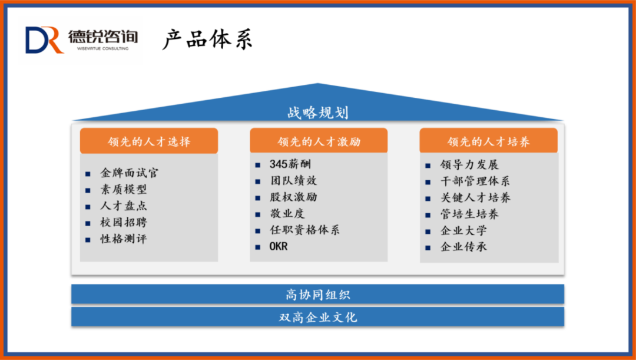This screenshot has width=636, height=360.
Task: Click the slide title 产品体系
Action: pyautogui.click(x=207, y=39)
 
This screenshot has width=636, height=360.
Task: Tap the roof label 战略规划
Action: pyautogui.click(x=318, y=113)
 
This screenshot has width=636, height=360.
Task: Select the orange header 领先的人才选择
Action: pyautogui.click(x=149, y=141)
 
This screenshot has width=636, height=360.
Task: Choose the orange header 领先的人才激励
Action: pyautogui.click(x=319, y=141)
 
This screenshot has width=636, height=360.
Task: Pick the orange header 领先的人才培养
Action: pyautogui.click(x=488, y=141)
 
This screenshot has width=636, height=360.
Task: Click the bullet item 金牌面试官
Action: pyautogui.click(x=130, y=173)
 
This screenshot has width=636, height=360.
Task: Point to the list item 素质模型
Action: pyautogui.click(x=123, y=189)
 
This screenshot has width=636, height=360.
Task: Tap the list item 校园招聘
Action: pyautogui.click(x=123, y=222)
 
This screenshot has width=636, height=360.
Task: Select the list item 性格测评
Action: pyautogui.click(x=123, y=239)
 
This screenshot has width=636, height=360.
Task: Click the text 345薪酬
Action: pyautogui.click(x=290, y=164)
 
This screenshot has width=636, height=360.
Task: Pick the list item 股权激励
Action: pyautogui.click(x=293, y=197)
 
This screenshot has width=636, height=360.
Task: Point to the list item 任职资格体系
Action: pyautogui.click(x=304, y=230)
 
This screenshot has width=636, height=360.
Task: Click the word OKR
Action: pyautogui.click(x=279, y=246)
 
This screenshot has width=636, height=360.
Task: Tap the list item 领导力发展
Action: pyautogui.click(x=469, y=165)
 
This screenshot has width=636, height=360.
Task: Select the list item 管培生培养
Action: pyautogui.click(x=469, y=214)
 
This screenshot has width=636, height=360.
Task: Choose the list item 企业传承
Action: pyautogui.click(x=463, y=247)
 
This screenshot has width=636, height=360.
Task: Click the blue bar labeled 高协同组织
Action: pyautogui.click(x=317, y=294)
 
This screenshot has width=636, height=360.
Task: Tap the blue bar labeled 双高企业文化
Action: pyautogui.click(x=317, y=316)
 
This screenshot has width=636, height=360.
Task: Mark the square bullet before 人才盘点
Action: pyautogui.click(x=88, y=207)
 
